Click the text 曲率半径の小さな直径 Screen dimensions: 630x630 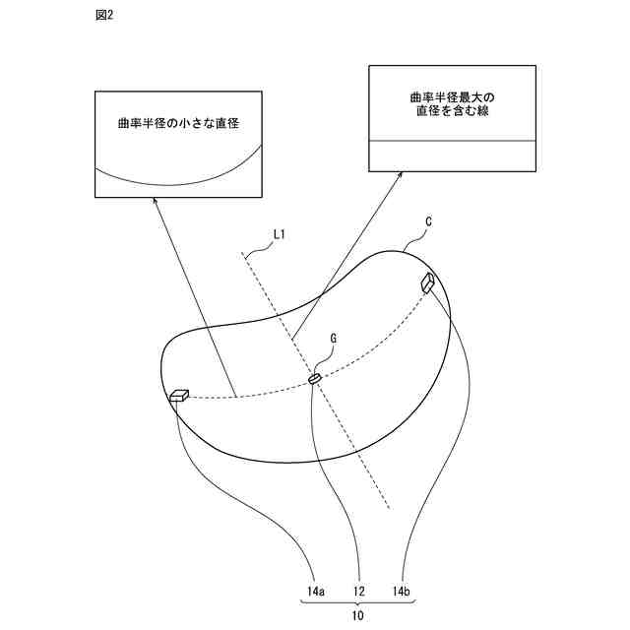[x=178, y=124]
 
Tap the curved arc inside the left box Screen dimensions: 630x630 [x=178, y=184]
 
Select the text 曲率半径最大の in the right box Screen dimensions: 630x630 [x=452, y=97]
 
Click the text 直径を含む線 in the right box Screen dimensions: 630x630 [x=452, y=113]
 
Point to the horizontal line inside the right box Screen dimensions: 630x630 [x=452, y=141]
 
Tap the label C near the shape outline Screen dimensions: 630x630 [x=429, y=223]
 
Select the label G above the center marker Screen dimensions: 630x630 [x=334, y=338]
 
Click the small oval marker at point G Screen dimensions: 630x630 [x=315, y=378]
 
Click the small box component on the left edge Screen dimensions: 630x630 [x=179, y=396]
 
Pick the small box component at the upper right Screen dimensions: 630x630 [x=429, y=283]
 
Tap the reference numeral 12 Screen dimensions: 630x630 [x=359, y=592]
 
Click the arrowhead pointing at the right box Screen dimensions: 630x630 [x=400, y=175]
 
